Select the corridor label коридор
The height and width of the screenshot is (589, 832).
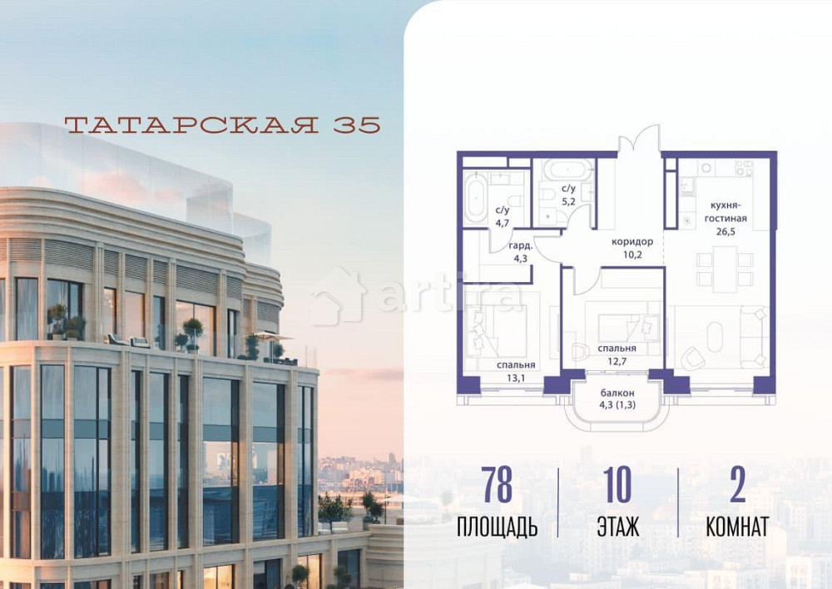(x=632, y=242)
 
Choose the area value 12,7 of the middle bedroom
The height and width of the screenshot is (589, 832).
(x=617, y=361)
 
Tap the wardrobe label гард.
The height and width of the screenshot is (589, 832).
(x=521, y=245)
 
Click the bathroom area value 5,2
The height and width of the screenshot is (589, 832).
(x=570, y=201)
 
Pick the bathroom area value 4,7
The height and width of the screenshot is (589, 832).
(x=502, y=222)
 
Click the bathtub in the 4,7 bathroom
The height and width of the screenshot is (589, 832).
(x=477, y=198)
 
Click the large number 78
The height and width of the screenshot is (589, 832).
(x=497, y=487)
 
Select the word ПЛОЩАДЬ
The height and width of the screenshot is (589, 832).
(x=497, y=527)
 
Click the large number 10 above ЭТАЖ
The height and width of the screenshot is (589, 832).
(x=617, y=487)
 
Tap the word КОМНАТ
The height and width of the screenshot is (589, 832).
(x=736, y=527)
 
